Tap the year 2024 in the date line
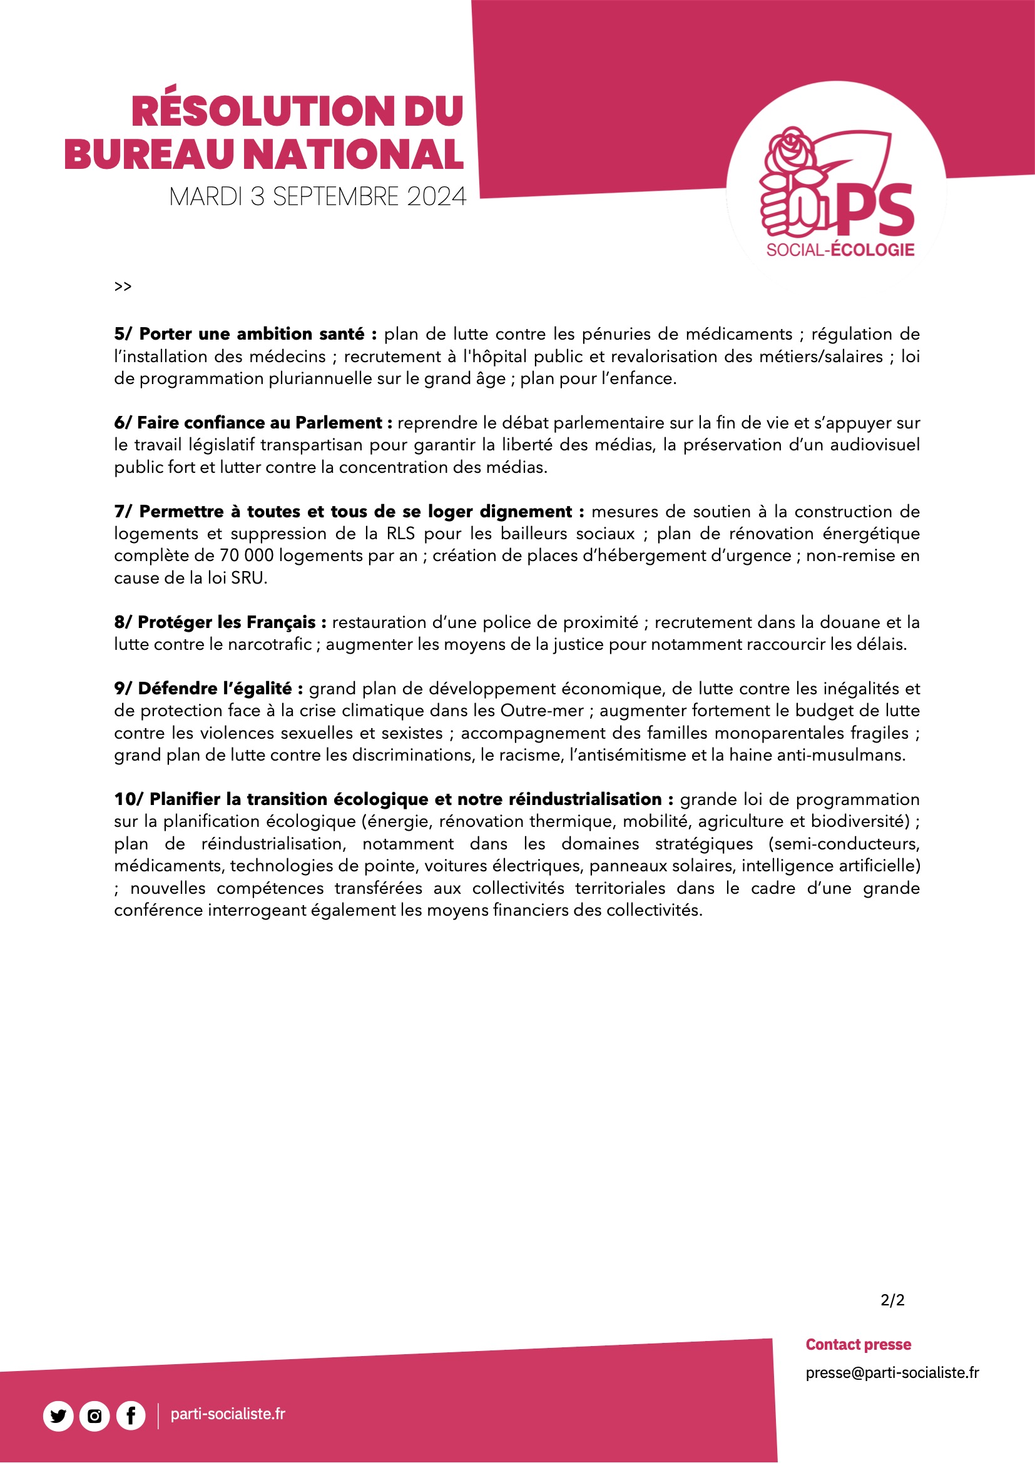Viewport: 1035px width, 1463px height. point(437,197)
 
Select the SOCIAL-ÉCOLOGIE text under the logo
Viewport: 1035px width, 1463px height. point(840,250)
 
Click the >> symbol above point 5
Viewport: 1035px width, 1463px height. point(123,286)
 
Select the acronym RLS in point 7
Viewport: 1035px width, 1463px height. point(400,534)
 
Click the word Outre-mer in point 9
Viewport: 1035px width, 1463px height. point(542,711)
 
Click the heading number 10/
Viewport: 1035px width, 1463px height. point(130,799)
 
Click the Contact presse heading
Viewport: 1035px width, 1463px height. point(858,1345)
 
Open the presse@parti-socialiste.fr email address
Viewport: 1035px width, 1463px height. point(892,1372)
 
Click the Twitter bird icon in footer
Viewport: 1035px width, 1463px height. point(58,1417)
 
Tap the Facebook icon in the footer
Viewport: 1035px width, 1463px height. point(131,1417)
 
